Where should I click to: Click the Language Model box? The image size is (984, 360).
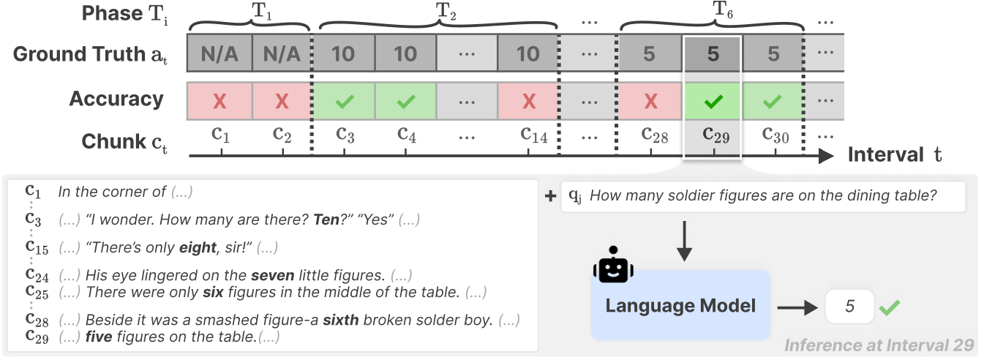[x=680, y=305]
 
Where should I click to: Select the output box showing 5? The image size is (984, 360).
[x=849, y=307]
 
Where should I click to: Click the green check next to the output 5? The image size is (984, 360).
[x=890, y=307]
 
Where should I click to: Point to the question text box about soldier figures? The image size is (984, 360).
[x=763, y=196]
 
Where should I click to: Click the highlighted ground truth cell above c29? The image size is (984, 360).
[x=713, y=53]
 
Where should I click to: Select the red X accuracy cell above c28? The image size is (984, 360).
[x=650, y=101]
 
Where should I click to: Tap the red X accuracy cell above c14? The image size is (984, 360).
[x=527, y=101]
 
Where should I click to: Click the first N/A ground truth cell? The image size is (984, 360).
[x=219, y=53]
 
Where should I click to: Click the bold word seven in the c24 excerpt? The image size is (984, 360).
[x=272, y=276]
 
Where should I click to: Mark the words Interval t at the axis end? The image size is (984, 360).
[x=894, y=154]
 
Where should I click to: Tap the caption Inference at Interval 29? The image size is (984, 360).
[x=879, y=345]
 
